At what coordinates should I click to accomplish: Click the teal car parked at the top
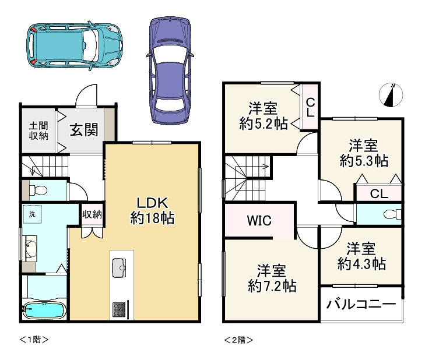[75, 46]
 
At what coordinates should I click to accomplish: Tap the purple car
[170, 70]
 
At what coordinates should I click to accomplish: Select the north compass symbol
[391, 95]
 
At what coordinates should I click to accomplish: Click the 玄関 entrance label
[84, 130]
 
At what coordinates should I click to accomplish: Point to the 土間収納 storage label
[38, 131]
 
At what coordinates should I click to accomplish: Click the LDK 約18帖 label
[152, 210]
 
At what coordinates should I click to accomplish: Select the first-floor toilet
[38, 190]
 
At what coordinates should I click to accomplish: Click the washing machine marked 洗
[32, 214]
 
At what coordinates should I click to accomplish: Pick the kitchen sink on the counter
[119, 268]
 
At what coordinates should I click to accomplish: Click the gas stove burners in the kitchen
[119, 310]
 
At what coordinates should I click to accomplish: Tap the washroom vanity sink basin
[30, 248]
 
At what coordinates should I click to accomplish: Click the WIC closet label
[259, 221]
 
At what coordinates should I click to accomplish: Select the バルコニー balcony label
[361, 304]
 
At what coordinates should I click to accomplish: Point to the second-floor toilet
[392, 214]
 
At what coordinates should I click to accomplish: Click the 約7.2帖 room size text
[272, 285]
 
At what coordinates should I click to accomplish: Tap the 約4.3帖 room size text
[361, 263]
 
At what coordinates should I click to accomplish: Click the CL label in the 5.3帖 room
[379, 194]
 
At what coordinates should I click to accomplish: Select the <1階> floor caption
[34, 340]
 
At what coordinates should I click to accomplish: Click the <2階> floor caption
[238, 340]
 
